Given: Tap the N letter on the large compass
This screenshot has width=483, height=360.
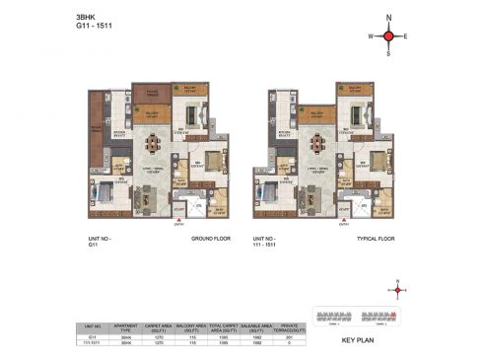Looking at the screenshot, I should (388, 18).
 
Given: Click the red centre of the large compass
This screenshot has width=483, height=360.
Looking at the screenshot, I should (388, 37).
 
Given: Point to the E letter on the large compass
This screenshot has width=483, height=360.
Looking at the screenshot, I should (406, 37).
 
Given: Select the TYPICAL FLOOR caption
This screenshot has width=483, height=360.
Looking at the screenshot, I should (380, 240).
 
